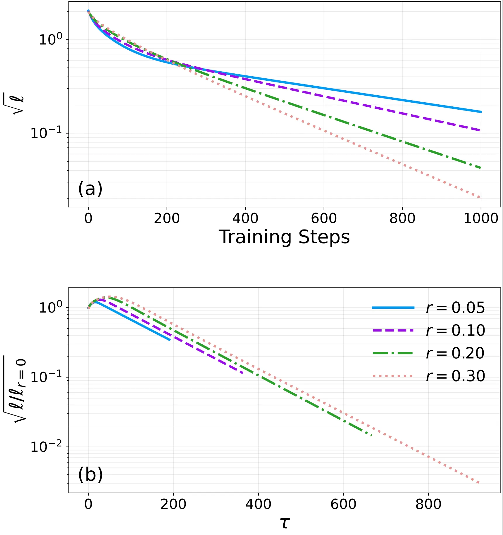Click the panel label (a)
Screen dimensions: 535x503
click(90, 189)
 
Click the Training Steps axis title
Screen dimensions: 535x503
click(284, 237)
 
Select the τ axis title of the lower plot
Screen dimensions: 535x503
click(285, 522)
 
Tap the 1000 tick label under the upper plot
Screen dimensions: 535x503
click(481, 218)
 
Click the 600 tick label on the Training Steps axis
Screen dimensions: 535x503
click(324, 218)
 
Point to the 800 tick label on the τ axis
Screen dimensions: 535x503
click(428, 504)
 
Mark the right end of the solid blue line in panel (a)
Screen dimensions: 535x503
click(481, 112)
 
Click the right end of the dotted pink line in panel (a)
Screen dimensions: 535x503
click(480, 198)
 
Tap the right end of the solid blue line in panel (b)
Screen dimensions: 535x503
click(170, 340)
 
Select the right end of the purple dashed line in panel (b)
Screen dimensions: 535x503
click(242, 373)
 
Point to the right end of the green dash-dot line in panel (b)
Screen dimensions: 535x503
click(371, 436)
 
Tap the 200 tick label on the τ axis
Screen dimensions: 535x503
click(173, 504)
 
